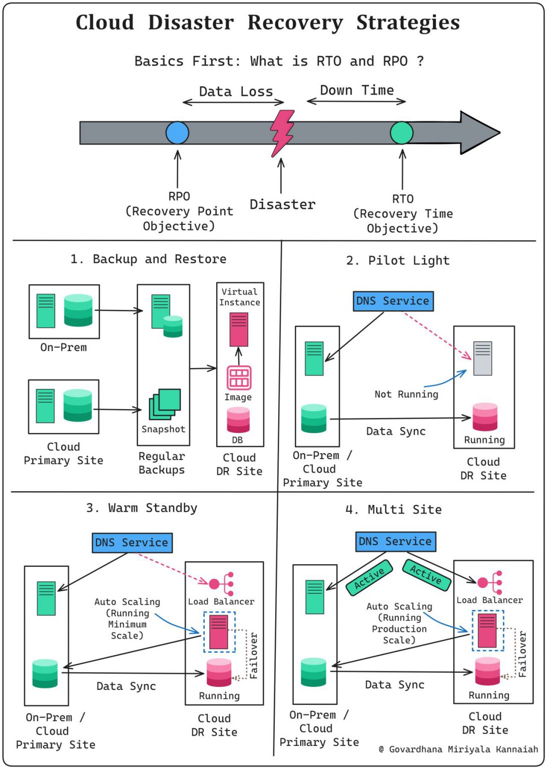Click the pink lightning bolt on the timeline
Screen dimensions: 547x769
pyautogui.click(x=282, y=133)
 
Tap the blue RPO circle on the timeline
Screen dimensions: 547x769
pyautogui.click(x=178, y=133)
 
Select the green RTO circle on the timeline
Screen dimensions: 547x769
pyautogui.click(x=401, y=133)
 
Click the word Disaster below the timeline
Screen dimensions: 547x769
pyautogui.click(x=282, y=205)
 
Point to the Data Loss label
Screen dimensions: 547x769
pyautogui.click(x=236, y=92)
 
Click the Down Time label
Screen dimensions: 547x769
pyautogui.click(x=357, y=90)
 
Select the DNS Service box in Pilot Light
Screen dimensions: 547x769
pyautogui.click(x=393, y=301)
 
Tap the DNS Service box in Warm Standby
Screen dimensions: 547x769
pyautogui.click(x=132, y=543)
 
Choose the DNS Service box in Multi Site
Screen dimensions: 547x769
pyautogui.click(x=396, y=542)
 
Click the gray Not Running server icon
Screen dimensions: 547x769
pyautogui.click(x=482, y=358)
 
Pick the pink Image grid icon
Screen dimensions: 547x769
pyautogui.click(x=239, y=377)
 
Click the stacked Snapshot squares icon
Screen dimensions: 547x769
pyautogui.click(x=165, y=404)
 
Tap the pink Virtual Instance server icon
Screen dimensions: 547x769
pyautogui.click(x=239, y=329)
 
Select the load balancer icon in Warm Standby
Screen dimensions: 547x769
pyautogui.click(x=221, y=584)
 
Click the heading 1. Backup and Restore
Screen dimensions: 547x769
pyautogui.click(x=148, y=259)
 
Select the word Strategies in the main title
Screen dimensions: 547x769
pyautogui.click(x=408, y=23)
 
